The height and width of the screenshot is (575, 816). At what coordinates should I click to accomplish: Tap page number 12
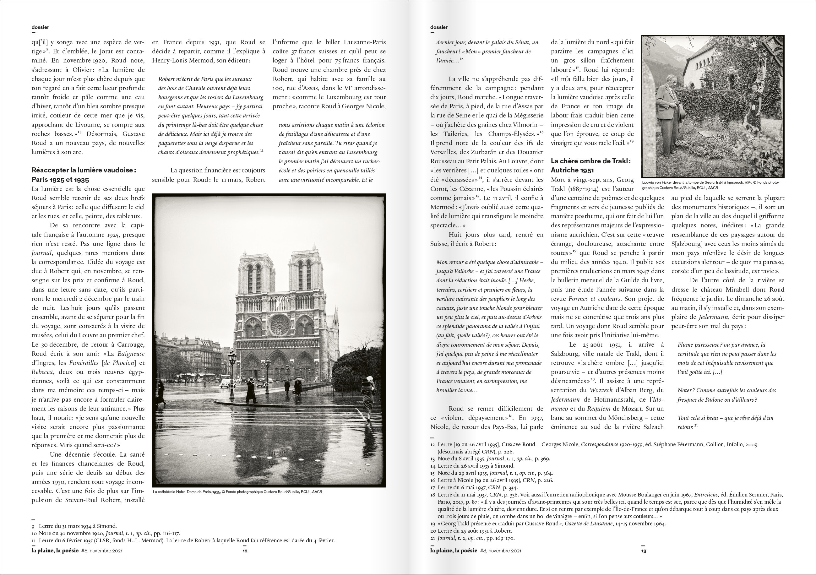(245, 551)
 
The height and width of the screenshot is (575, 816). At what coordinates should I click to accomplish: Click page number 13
(644, 551)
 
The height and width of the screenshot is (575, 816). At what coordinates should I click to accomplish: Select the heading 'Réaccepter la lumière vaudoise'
(84, 170)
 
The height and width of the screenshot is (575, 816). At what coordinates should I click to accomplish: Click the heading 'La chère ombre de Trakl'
(591, 161)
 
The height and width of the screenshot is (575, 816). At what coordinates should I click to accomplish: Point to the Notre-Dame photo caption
(237, 492)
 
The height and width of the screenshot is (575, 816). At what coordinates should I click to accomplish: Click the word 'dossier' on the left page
(40, 27)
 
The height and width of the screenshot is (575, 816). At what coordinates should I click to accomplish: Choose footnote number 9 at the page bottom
(33, 526)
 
